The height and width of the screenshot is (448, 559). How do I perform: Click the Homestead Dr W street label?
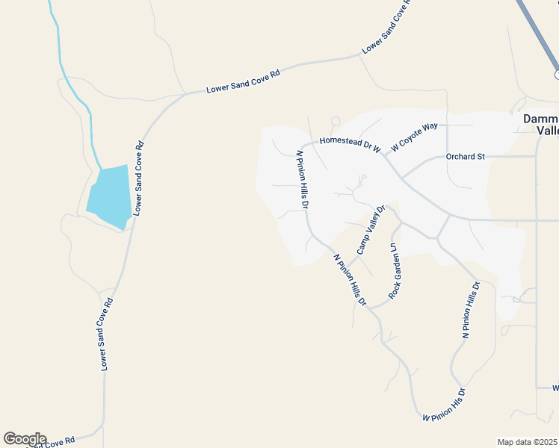(x=350, y=143)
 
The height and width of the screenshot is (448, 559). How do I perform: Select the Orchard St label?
(x=466, y=157)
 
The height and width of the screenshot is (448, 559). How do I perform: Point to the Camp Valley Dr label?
(x=371, y=230)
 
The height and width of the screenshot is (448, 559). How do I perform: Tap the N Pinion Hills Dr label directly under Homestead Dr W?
(x=303, y=179)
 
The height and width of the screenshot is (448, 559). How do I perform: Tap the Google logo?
(x=24, y=439)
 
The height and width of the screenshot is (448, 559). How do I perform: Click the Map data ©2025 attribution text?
(x=527, y=442)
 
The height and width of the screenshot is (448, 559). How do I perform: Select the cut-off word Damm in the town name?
(x=540, y=119)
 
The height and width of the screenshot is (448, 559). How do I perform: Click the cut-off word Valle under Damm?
(x=548, y=131)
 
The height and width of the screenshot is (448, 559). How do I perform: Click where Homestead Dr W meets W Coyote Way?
(x=383, y=152)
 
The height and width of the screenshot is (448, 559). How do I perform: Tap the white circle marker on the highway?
(x=558, y=75)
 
